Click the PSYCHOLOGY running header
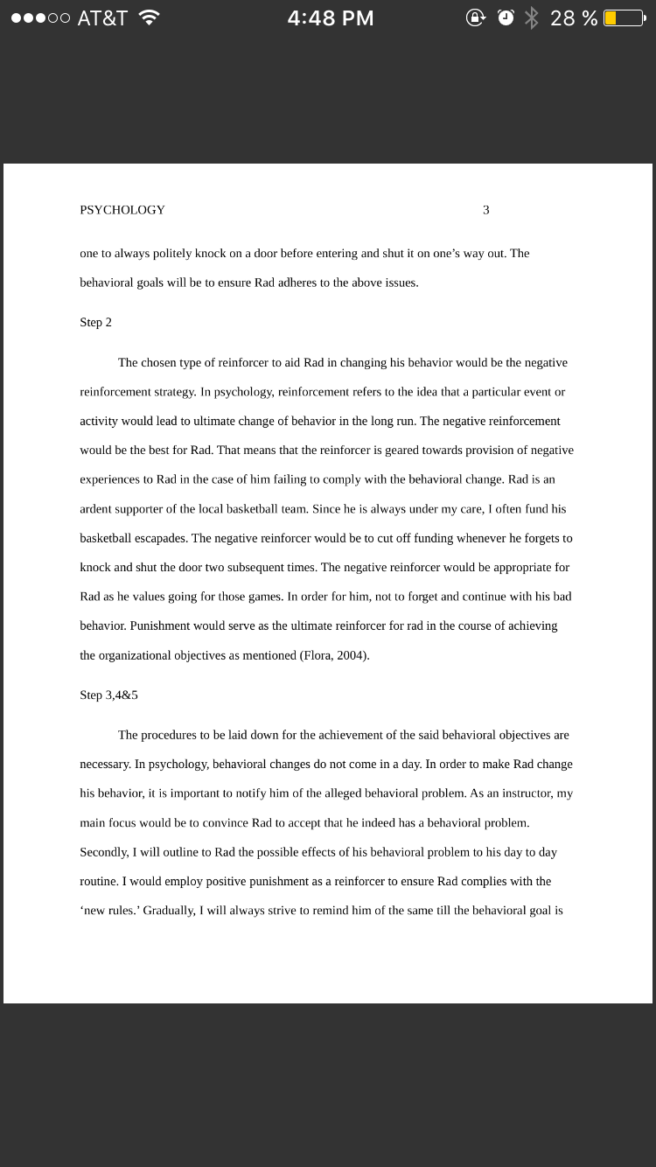point(122,210)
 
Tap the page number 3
point(486,210)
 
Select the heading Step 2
point(95,322)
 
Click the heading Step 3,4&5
point(108,695)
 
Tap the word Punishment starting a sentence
point(160,625)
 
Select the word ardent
point(96,509)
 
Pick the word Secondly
point(103,852)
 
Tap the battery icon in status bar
point(624,17)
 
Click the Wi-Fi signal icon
point(150,17)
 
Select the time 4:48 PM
point(331,17)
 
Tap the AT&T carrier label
point(102,17)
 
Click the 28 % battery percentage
point(574,17)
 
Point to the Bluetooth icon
point(532,17)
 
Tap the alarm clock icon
point(506,17)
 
